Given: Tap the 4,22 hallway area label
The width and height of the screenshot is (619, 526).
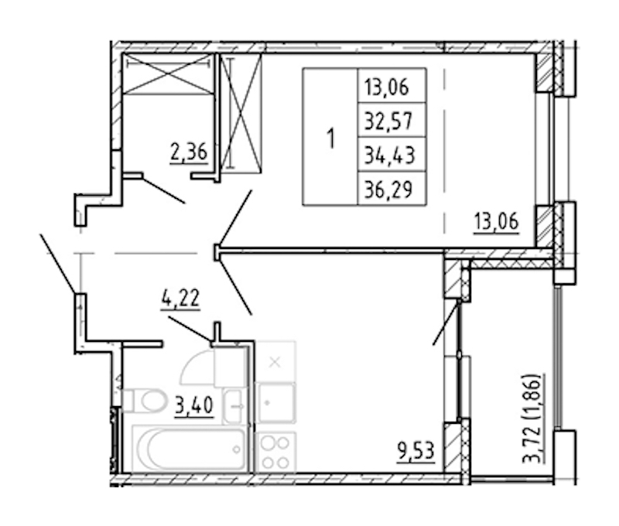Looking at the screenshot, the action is tap(180, 299).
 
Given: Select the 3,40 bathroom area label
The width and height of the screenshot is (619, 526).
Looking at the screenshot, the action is tap(194, 405).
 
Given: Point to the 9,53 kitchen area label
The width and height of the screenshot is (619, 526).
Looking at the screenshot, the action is tap(416, 451).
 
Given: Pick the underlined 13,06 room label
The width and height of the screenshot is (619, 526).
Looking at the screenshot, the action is tap(496, 221).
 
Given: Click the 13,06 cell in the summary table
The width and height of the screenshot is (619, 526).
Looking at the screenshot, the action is tap(392, 86).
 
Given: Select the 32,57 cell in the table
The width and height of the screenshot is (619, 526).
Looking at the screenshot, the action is tap(392, 121).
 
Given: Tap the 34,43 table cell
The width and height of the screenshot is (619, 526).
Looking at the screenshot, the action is tap(392, 155).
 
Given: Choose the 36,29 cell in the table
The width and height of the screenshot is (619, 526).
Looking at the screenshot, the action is tap(392, 189).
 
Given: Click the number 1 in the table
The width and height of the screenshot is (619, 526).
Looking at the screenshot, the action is tap(331, 138).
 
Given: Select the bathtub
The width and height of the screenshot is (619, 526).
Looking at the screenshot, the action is tap(190, 449).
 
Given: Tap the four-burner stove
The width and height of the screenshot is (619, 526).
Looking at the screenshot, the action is tap(275, 452).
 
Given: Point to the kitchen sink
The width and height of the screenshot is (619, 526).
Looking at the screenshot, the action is tap(275, 403).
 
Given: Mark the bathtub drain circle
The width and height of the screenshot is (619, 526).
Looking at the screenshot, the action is tap(237, 449).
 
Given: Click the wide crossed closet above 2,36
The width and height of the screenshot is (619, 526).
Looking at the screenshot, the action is tap(169, 73).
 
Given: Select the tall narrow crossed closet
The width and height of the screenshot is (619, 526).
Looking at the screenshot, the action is tap(241, 113).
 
